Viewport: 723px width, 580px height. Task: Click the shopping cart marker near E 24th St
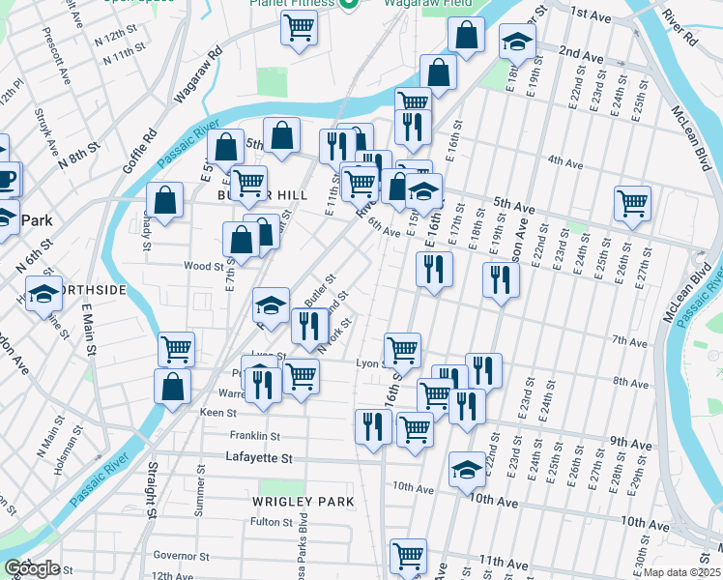633,202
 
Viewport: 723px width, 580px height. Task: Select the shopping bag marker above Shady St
165,201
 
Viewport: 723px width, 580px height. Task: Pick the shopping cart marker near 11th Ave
408,556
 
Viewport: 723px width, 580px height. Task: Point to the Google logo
32,568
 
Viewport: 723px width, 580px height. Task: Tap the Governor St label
182,556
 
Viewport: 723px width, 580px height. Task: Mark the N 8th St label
79,159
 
